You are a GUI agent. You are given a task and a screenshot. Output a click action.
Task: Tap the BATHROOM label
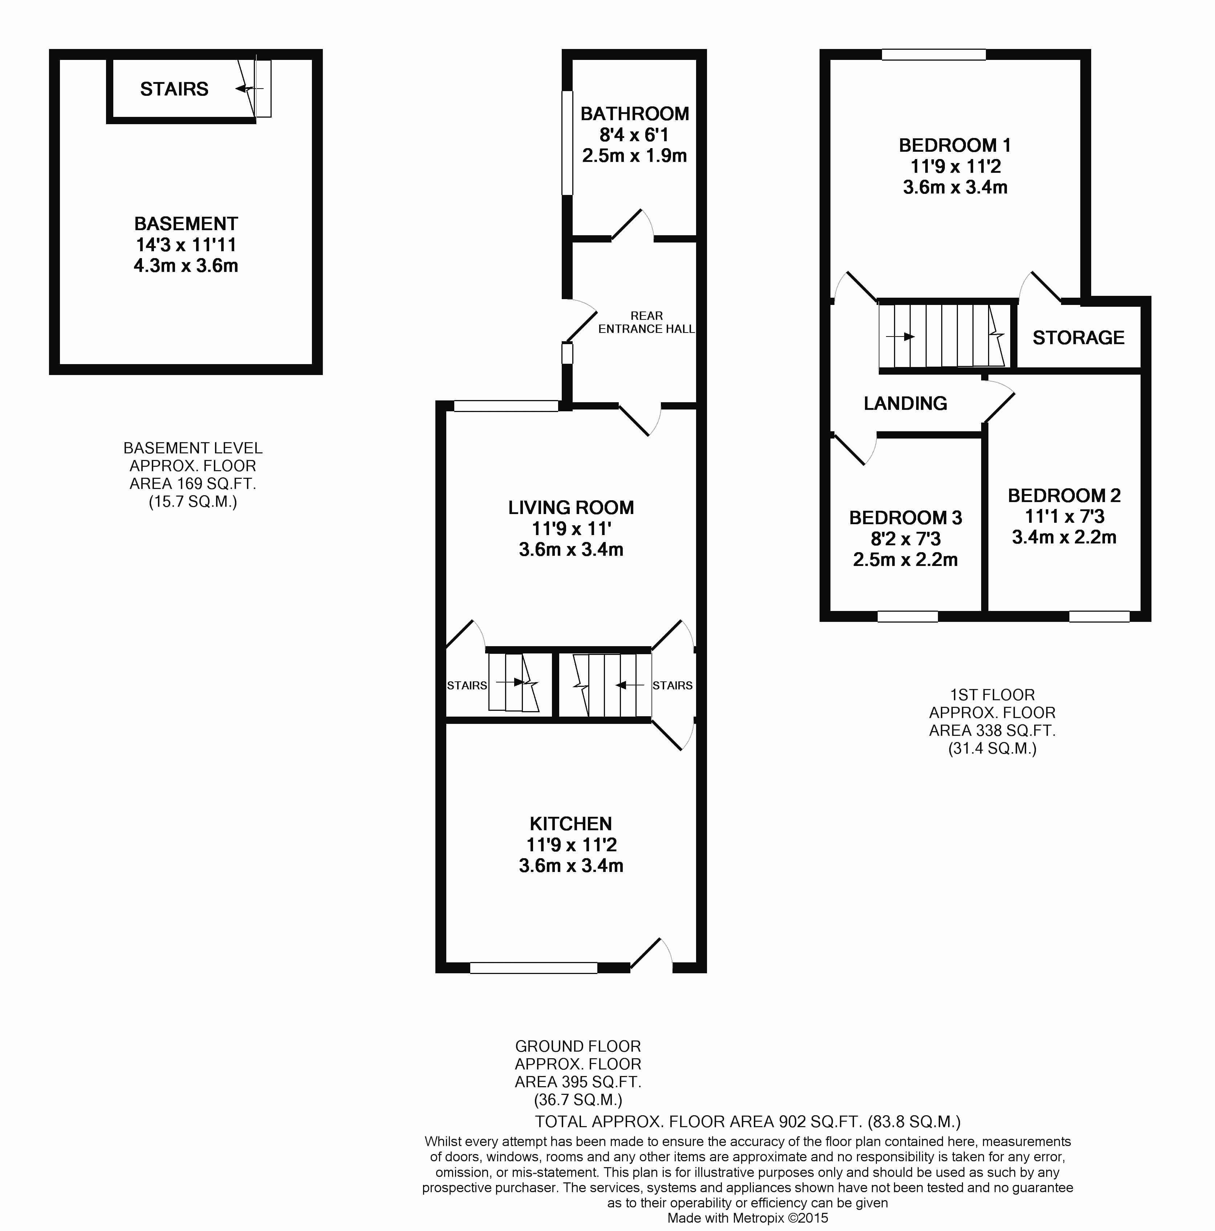(x=635, y=114)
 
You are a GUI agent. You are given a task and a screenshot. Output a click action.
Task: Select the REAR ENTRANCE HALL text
(x=646, y=322)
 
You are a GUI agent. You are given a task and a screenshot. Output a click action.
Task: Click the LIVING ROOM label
(x=571, y=508)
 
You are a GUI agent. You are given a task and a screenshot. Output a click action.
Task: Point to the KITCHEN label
(x=571, y=824)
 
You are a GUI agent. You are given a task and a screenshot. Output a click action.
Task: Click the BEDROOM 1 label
(x=955, y=145)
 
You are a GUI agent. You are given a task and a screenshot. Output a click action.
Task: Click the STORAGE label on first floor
(x=1078, y=338)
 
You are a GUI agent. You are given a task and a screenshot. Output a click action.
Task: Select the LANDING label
(x=905, y=403)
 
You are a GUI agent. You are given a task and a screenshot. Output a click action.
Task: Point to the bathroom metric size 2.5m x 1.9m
(x=635, y=155)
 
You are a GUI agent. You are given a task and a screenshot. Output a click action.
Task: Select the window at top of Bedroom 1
(x=934, y=55)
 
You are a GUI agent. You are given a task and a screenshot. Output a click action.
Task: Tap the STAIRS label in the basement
(x=174, y=89)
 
